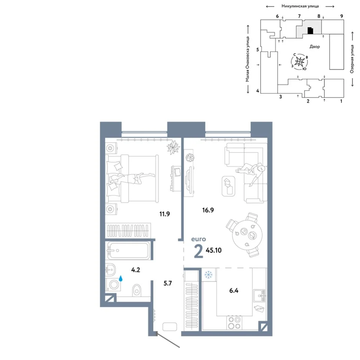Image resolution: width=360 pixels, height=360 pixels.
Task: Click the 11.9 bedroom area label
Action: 165,214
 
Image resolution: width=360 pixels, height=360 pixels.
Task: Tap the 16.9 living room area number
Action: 208,210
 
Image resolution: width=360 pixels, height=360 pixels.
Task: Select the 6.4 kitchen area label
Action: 234,291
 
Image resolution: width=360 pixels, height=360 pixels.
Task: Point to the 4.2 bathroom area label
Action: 135,270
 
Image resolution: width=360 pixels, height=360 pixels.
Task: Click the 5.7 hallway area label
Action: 168,283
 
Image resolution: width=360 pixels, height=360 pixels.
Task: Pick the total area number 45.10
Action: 214,250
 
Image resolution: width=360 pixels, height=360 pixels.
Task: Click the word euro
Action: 199,239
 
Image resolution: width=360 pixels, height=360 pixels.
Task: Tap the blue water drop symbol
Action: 120,279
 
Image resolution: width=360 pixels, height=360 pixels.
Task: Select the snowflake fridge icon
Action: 208,274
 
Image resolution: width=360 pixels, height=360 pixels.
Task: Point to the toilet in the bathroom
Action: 136,290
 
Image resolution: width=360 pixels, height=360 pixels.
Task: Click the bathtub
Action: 129,250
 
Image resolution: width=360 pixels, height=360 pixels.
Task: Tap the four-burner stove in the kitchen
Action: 234,322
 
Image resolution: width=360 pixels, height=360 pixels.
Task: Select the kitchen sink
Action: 259,296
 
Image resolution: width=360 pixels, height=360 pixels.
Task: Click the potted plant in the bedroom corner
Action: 173,147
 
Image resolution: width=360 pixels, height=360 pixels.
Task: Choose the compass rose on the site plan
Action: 300,61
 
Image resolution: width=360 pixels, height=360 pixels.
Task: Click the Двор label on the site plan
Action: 315,46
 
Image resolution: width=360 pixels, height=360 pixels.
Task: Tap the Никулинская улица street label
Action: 300,6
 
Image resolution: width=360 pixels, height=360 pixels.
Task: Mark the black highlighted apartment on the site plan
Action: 310,30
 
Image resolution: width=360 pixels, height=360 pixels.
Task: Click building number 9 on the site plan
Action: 342,16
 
